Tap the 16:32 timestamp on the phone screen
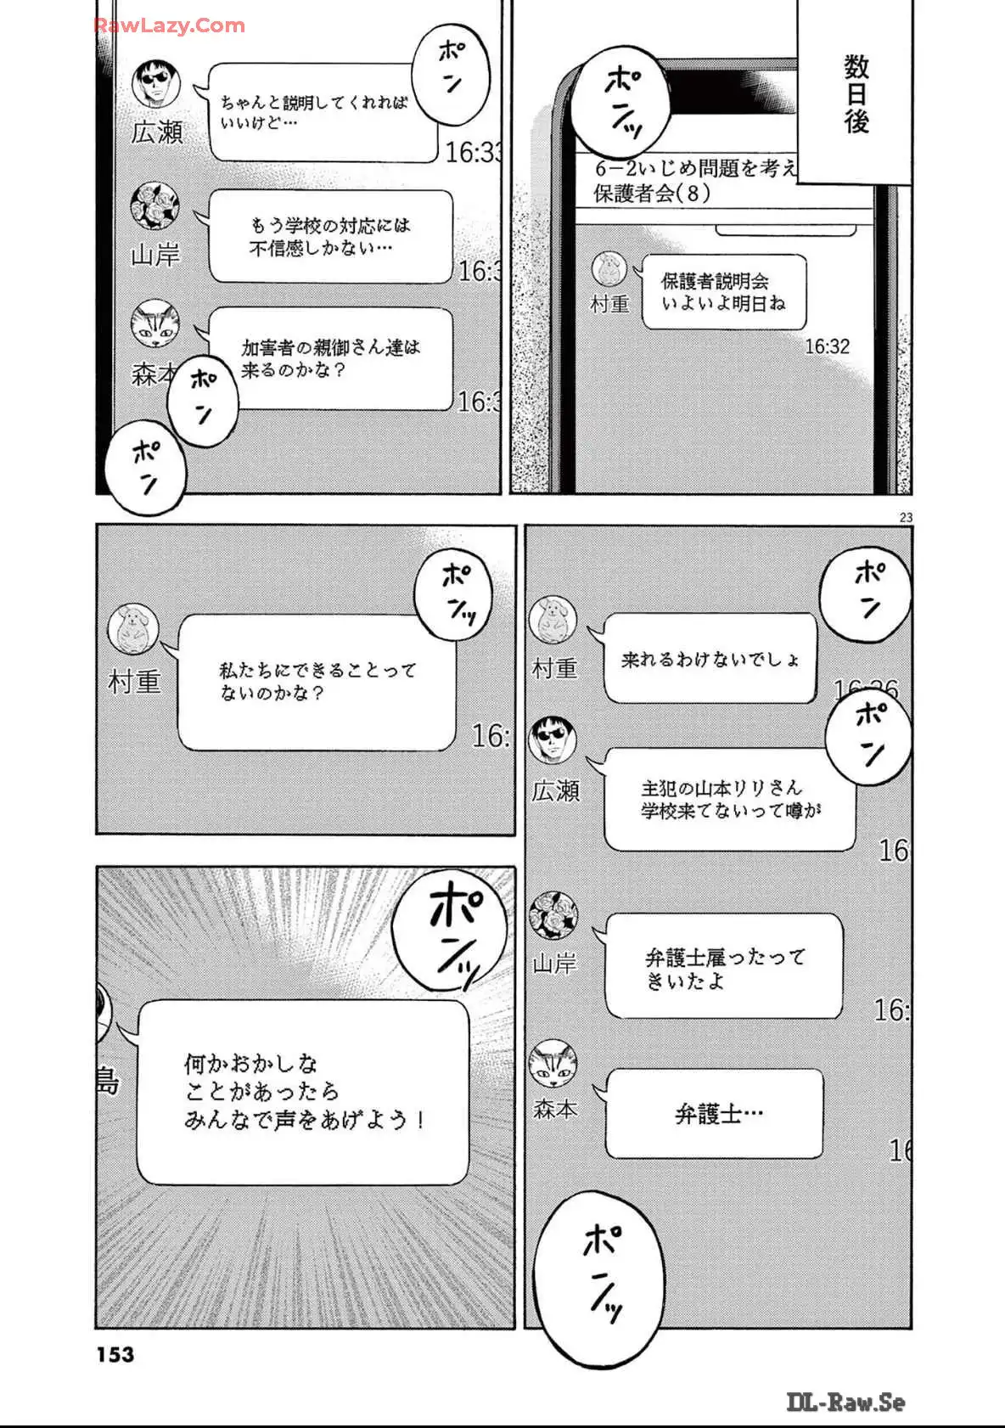pos(827,346)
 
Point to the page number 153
pos(115,1354)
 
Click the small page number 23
pos(905,517)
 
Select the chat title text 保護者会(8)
pos(652,194)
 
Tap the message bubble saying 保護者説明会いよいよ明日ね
pos(723,292)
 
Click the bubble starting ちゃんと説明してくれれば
pos(323,113)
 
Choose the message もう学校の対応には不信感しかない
pos(329,237)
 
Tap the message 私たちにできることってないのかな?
pos(317,682)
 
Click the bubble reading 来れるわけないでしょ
pos(710,659)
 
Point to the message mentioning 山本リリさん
pos(729,799)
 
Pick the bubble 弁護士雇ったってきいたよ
pos(724,968)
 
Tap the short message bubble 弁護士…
pos(715,1114)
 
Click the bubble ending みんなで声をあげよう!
pos(303,1093)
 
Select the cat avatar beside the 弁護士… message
pos(553,1064)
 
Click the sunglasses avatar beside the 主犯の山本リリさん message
pos(553,740)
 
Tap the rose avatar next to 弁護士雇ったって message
pos(553,915)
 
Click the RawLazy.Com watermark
pos(169,25)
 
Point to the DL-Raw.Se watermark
pos(845,1402)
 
